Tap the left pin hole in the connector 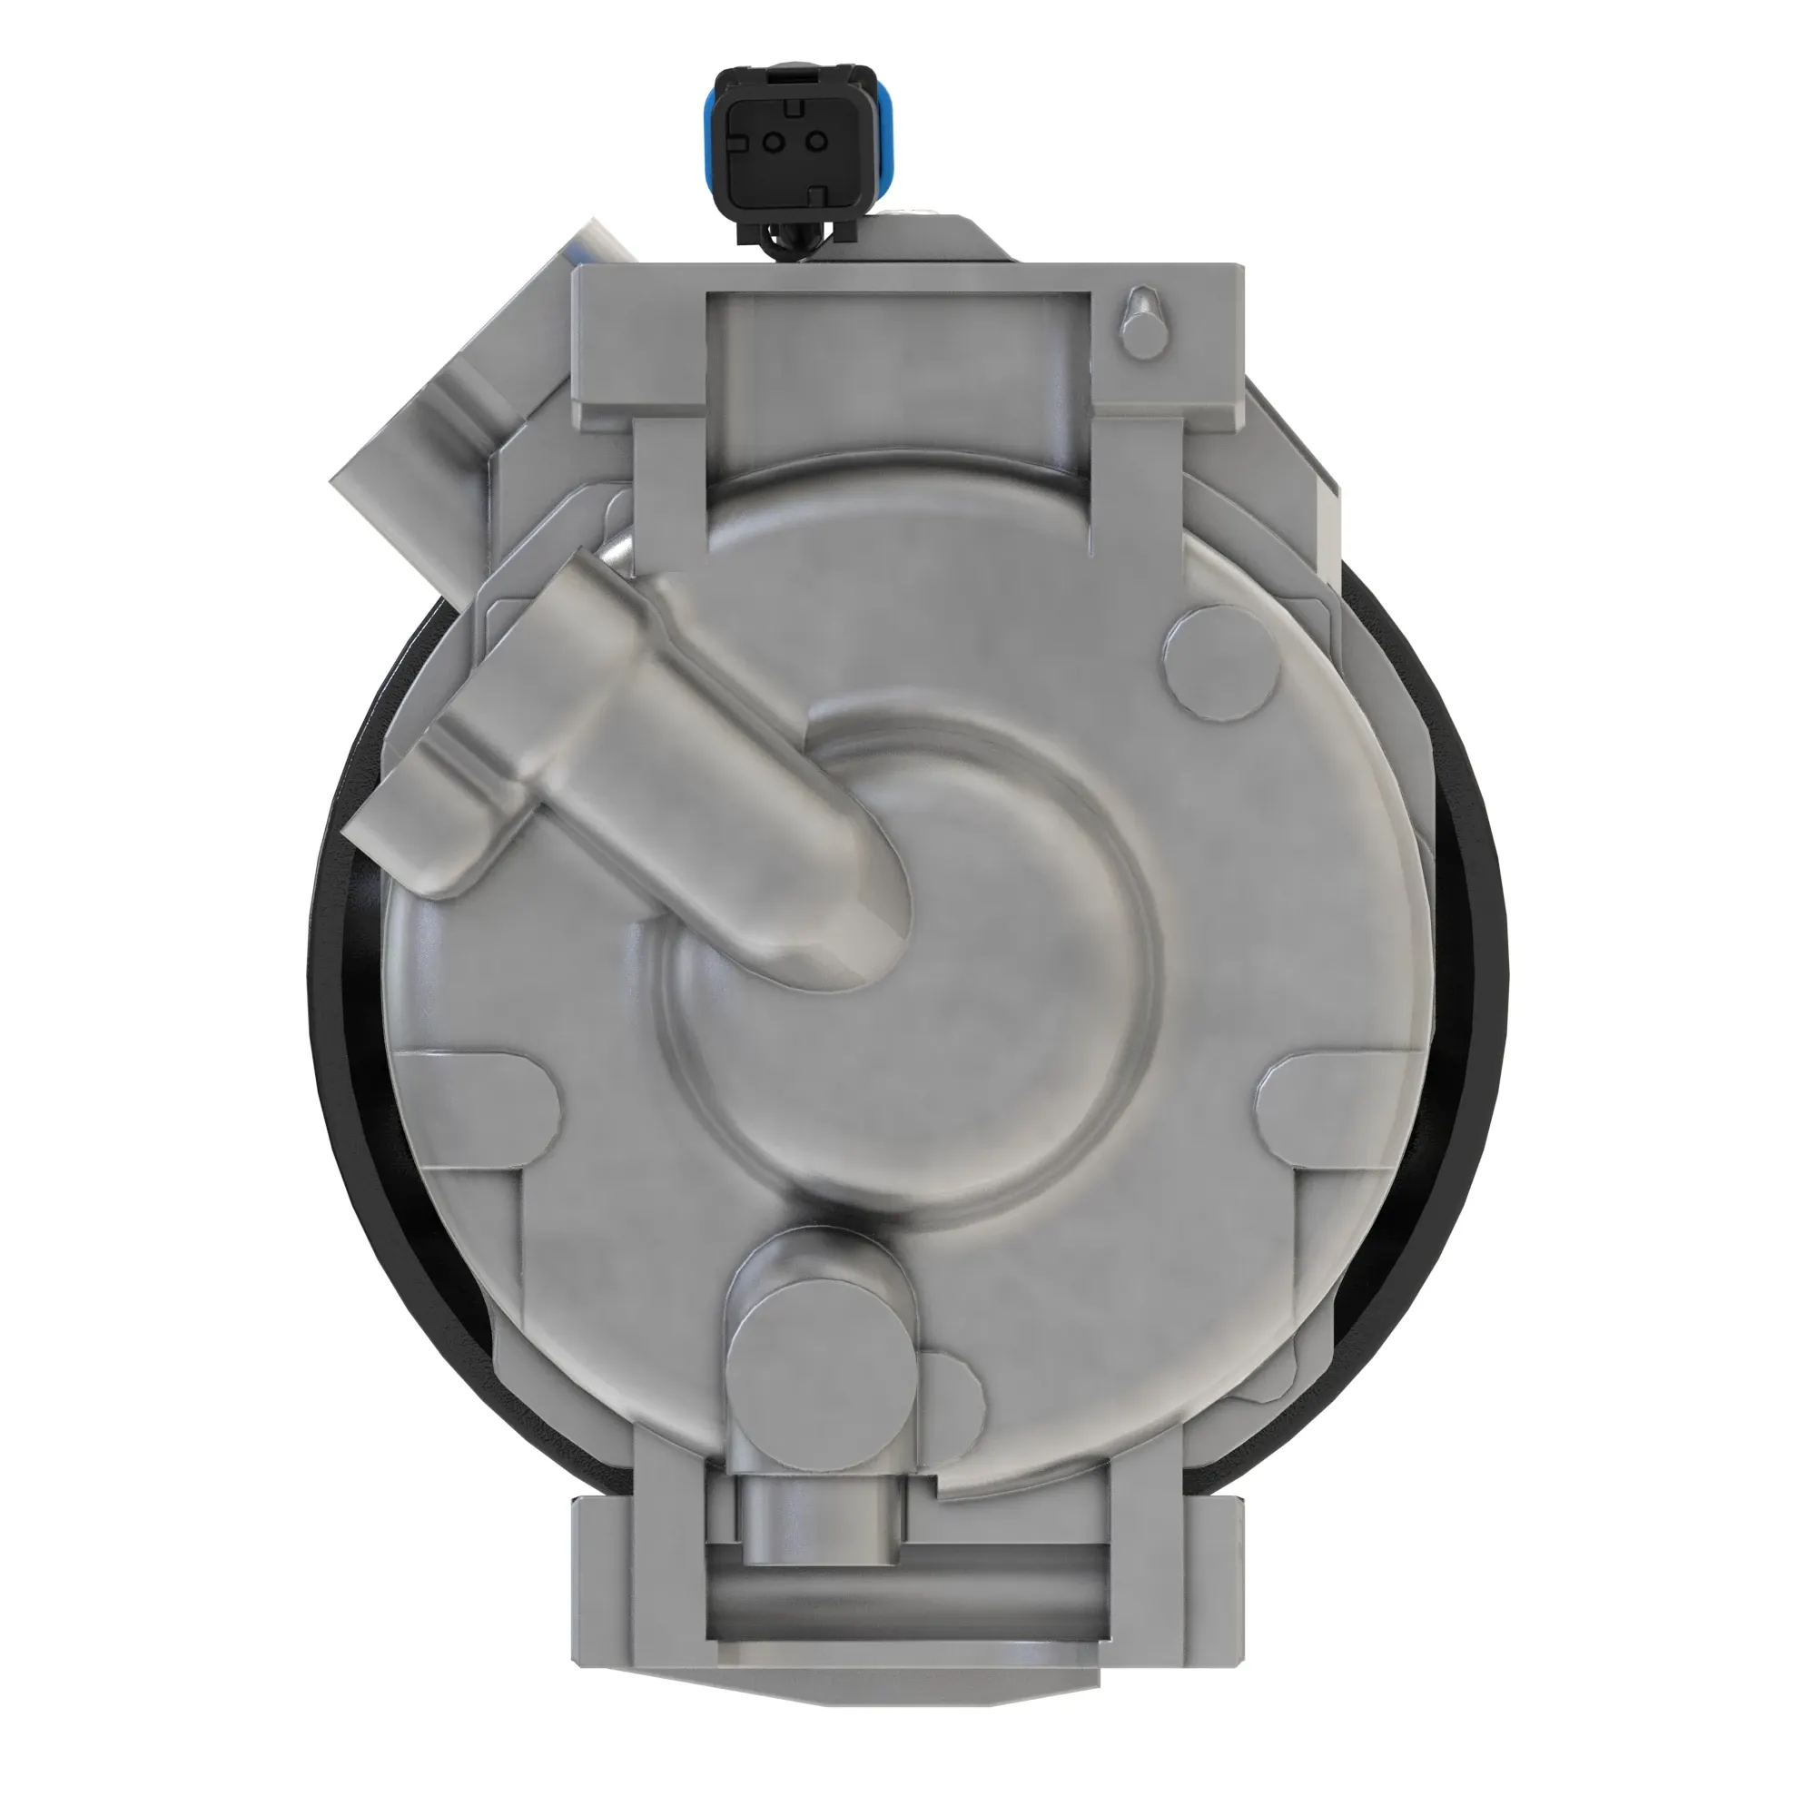coord(773,142)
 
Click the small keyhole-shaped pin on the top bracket coord(1141,320)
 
